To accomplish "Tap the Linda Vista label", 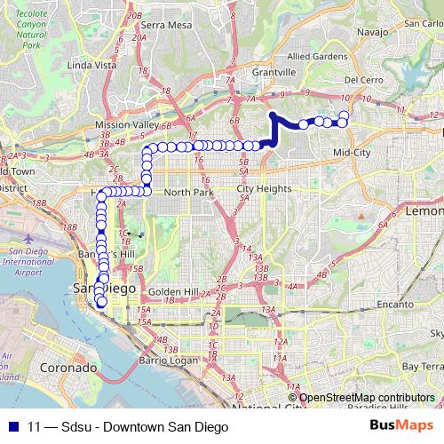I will tap(92, 65).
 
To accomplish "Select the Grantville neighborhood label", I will tap(273, 71).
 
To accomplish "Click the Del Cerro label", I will tap(362, 79).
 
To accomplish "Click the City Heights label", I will tap(264, 189).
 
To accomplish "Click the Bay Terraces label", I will tap(420, 365).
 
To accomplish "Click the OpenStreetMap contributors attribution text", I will tap(367, 397).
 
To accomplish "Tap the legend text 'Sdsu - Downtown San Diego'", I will tap(130, 426).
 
